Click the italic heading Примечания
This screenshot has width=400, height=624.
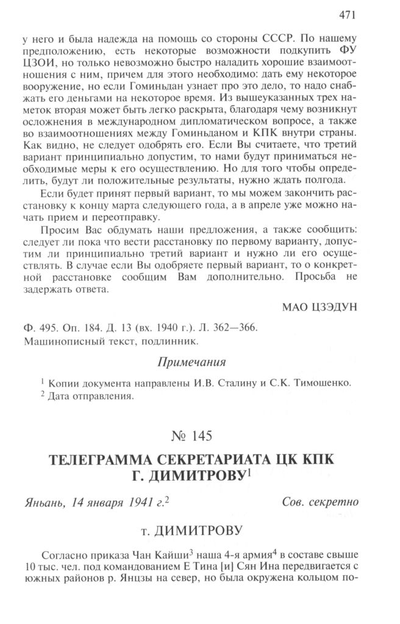[192, 362]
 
